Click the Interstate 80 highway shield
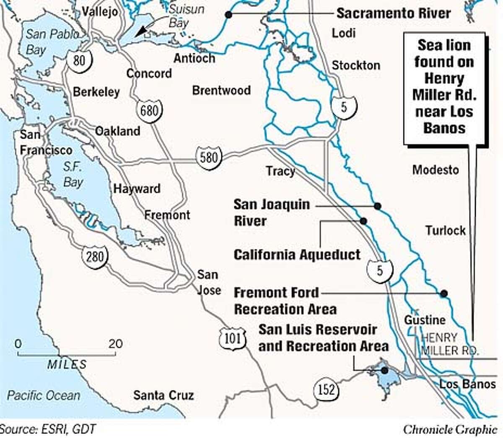click(79, 61)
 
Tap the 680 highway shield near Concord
click(149, 111)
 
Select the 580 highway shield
click(209, 158)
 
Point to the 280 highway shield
click(95, 256)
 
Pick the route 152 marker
click(326, 390)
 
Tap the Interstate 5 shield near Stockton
click(344, 107)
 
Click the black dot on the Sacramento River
click(228, 15)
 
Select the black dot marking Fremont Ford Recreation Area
click(443, 293)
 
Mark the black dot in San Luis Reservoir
click(384, 370)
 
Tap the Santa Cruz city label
click(163, 395)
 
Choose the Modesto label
click(436, 170)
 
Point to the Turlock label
click(446, 230)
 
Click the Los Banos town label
click(467, 384)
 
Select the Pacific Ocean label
click(44, 395)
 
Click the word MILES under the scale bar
click(67, 364)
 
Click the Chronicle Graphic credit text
click(450, 429)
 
